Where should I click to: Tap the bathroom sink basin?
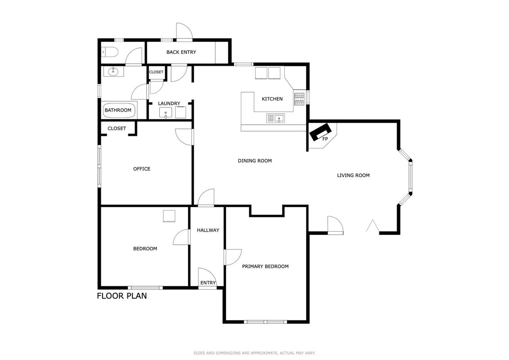click(x=113, y=72)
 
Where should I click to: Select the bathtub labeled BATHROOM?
click(x=118, y=110)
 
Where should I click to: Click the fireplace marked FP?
click(x=320, y=132)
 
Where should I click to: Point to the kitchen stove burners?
click(x=299, y=99)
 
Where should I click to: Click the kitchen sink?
click(x=275, y=118)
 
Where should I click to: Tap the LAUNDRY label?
click(x=169, y=103)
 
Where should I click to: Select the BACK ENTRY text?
click(x=181, y=52)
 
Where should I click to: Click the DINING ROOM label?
click(x=255, y=161)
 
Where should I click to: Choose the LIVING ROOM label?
click(x=353, y=175)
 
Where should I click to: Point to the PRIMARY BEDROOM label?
click(x=265, y=266)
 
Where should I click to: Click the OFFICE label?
click(x=142, y=169)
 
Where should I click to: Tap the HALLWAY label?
click(x=208, y=230)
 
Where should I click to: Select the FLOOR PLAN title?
click(x=122, y=296)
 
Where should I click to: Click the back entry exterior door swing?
click(x=184, y=31)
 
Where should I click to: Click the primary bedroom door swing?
click(x=232, y=257)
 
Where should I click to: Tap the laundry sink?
click(x=166, y=113)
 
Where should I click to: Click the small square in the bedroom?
click(x=169, y=216)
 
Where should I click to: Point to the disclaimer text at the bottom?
click(x=255, y=353)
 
